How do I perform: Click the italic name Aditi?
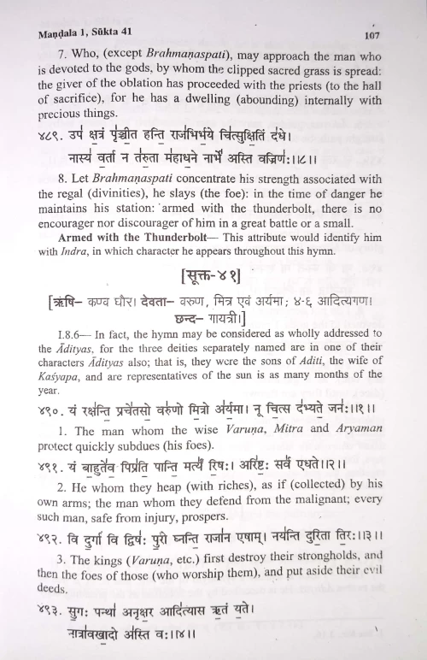[313, 359]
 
